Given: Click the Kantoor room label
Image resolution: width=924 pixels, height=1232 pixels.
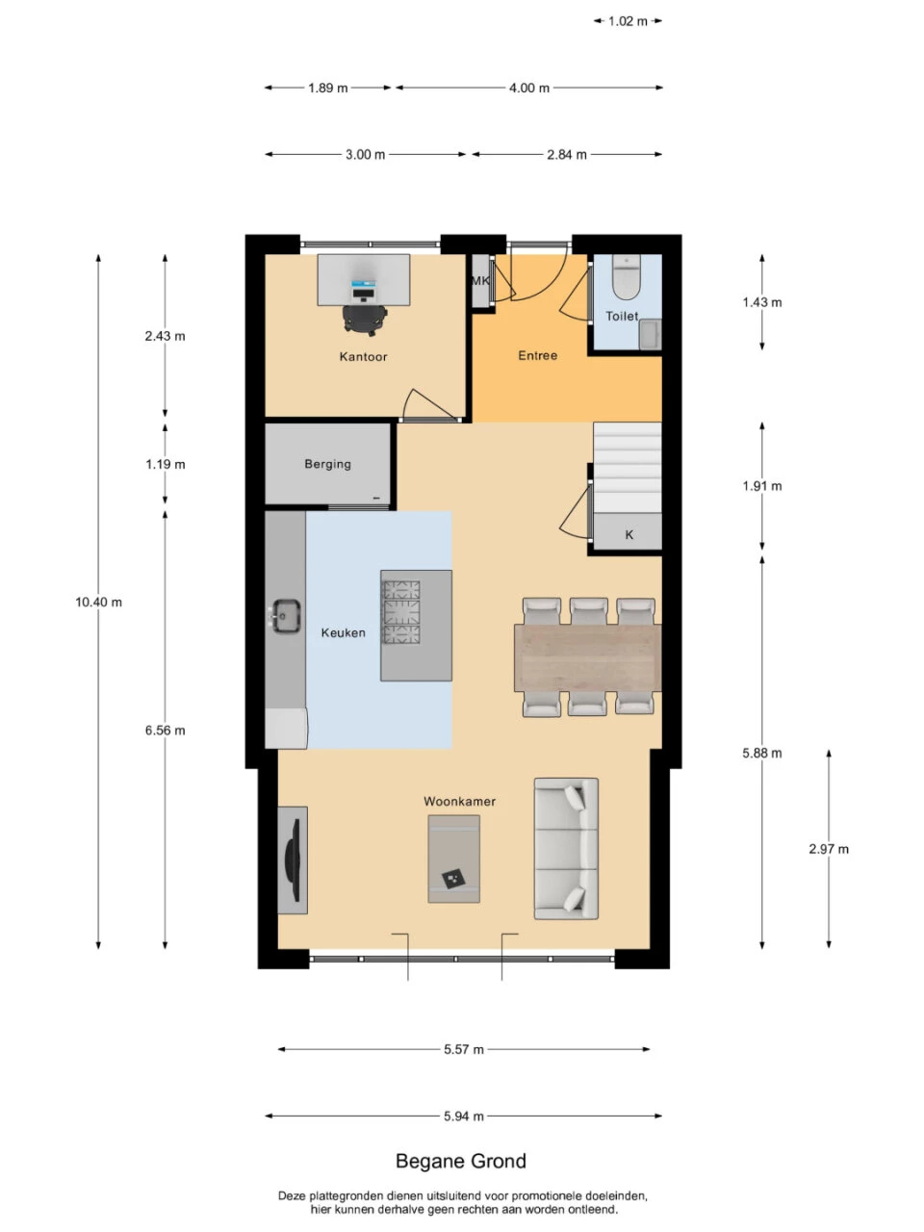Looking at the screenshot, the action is pyautogui.click(x=363, y=356).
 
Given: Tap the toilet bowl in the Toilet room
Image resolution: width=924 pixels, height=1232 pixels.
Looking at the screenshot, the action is pyautogui.click(x=626, y=277).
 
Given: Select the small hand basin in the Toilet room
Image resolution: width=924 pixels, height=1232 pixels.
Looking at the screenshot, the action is pyautogui.click(x=651, y=335).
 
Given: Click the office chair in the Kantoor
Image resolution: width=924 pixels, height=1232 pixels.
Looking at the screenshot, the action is pyautogui.click(x=364, y=320).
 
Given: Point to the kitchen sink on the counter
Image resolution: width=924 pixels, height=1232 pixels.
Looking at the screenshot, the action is pyautogui.click(x=286, y=616).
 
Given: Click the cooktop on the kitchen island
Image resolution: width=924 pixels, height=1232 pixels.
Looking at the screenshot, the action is pyautogui.click(x=401, y=612).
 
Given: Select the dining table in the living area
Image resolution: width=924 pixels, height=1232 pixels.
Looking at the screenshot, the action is pyautogui.click(x=587, y=657).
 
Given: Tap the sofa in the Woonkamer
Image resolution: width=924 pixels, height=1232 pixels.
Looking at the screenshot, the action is pyautogui.click(x=566, y=848).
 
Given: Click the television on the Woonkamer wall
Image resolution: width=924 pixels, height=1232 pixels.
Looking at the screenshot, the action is pyautogui.click(x=293, y=860).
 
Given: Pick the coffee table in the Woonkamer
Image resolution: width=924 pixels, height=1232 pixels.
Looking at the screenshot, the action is pyautogui.click(x=453, y=859).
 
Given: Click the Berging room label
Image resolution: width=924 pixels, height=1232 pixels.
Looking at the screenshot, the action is pyautogui.click(x=327, y=464).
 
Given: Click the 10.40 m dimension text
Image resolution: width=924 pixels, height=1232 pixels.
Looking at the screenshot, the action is pyautogui.click(x=99, y=603).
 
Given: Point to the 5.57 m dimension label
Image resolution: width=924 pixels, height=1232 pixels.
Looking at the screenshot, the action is pyautogui.click(x=463, y=1049).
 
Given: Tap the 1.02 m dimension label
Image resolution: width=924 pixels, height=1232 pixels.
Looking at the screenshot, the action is pyautogui.click(x=628, y=21).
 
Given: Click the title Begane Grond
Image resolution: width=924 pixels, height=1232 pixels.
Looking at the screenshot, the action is pyautogui.click(x=461, y=1162).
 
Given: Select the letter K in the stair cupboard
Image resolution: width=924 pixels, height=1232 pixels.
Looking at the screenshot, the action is pyautogui.click(x=629, y=535).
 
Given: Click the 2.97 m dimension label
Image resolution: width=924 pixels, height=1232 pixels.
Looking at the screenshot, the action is pyautogui.click(x=829, y=849).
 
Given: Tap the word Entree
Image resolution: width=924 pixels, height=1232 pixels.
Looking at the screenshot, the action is pyautogui.click(x=537, y=355).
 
